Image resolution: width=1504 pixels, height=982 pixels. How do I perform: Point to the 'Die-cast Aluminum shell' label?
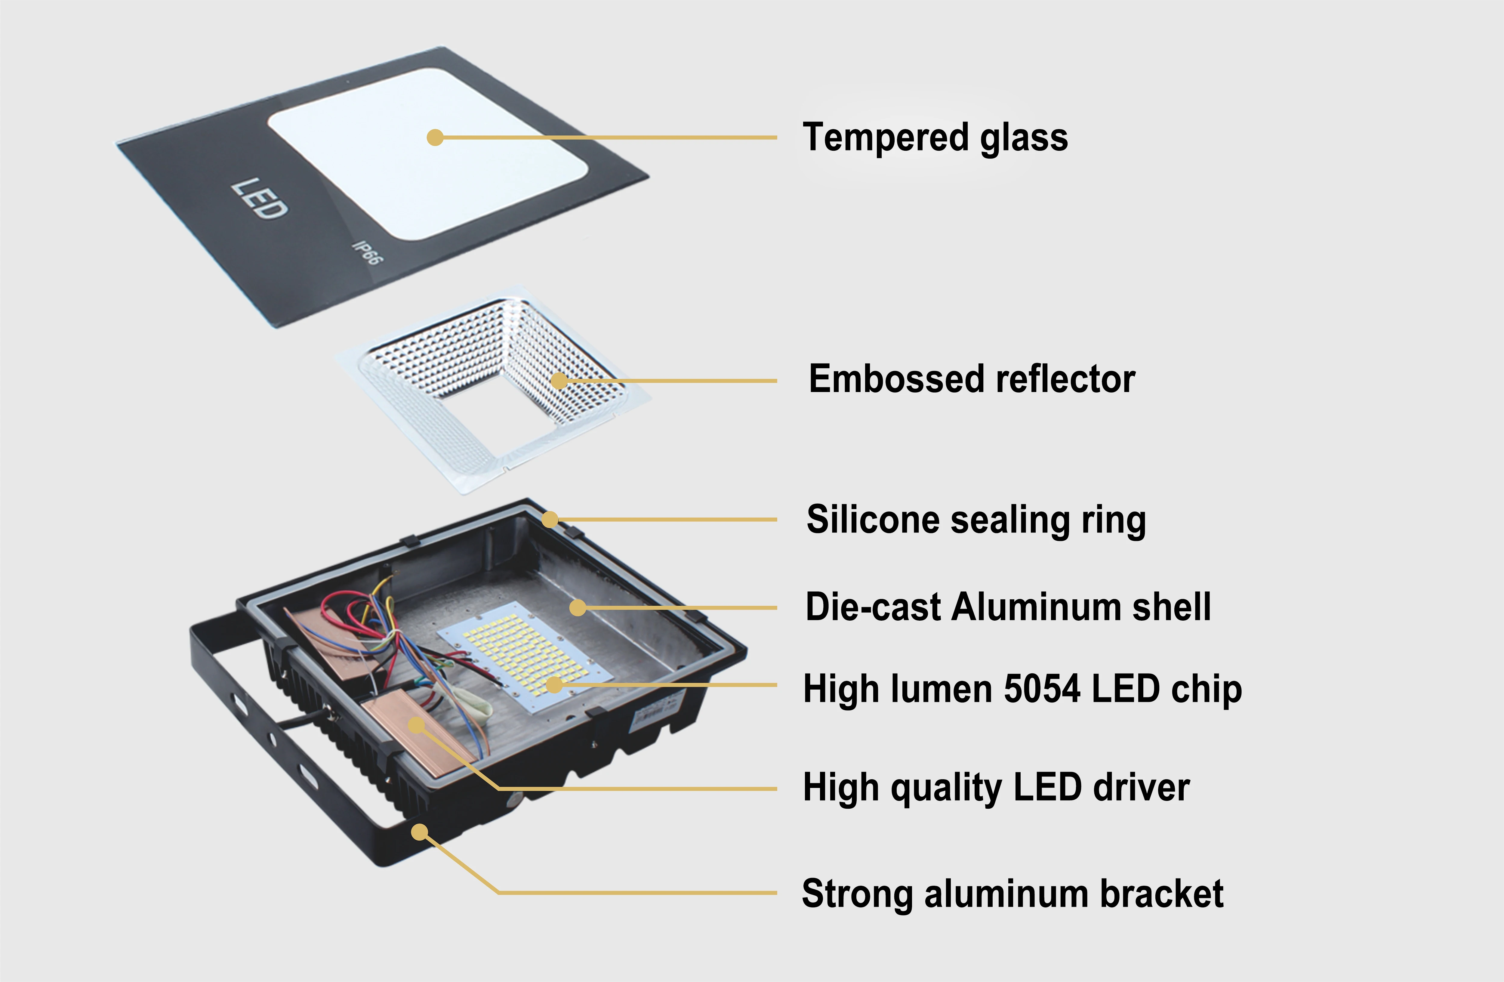click(1008, 607)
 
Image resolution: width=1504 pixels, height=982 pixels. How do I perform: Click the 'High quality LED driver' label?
click(996, 787)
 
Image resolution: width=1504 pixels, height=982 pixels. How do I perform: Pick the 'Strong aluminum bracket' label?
click(1012, 894)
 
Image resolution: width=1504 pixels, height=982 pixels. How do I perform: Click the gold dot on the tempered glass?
click(435, 137)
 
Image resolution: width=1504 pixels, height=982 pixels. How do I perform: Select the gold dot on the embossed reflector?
click(559, 380)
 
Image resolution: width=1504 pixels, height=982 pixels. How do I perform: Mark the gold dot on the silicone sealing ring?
click(550, 520)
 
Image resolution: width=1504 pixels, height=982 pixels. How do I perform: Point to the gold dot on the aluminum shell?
click(577, 608)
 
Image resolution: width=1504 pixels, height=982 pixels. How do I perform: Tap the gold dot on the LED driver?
click(416, 725)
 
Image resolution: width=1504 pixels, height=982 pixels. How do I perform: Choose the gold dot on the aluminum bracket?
click(419, 832)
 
